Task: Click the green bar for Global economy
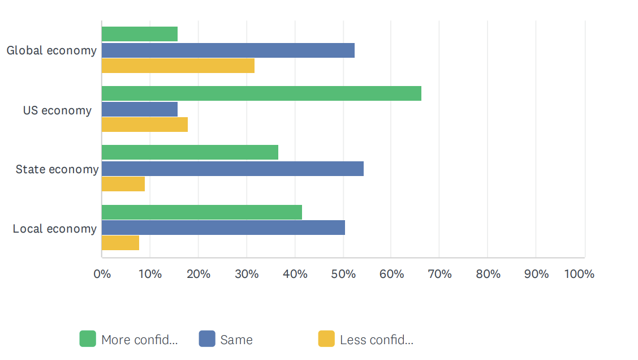click(140, 34)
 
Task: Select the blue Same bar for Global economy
click(228, 50)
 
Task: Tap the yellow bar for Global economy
click(178, 66)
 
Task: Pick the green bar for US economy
click(261, 93)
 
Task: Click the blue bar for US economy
click(140, 109)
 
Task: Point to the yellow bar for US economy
click(145, 125)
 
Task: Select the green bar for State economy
click(190, 152)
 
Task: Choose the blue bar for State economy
click(232, 169)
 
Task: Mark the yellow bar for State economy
click(123, 184)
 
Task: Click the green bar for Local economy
click(202, 212)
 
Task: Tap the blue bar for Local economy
click(223, 228)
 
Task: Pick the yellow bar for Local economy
click(120, 243)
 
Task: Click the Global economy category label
click(51, 50)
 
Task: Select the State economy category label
click(57, 169)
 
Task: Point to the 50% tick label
click(343, 275)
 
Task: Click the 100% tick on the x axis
click(579, 275)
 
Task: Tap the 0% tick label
click(102, 275)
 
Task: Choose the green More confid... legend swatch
click(88, 339)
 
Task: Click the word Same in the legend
click(236, 340)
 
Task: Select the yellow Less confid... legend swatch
click(326, 339)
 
